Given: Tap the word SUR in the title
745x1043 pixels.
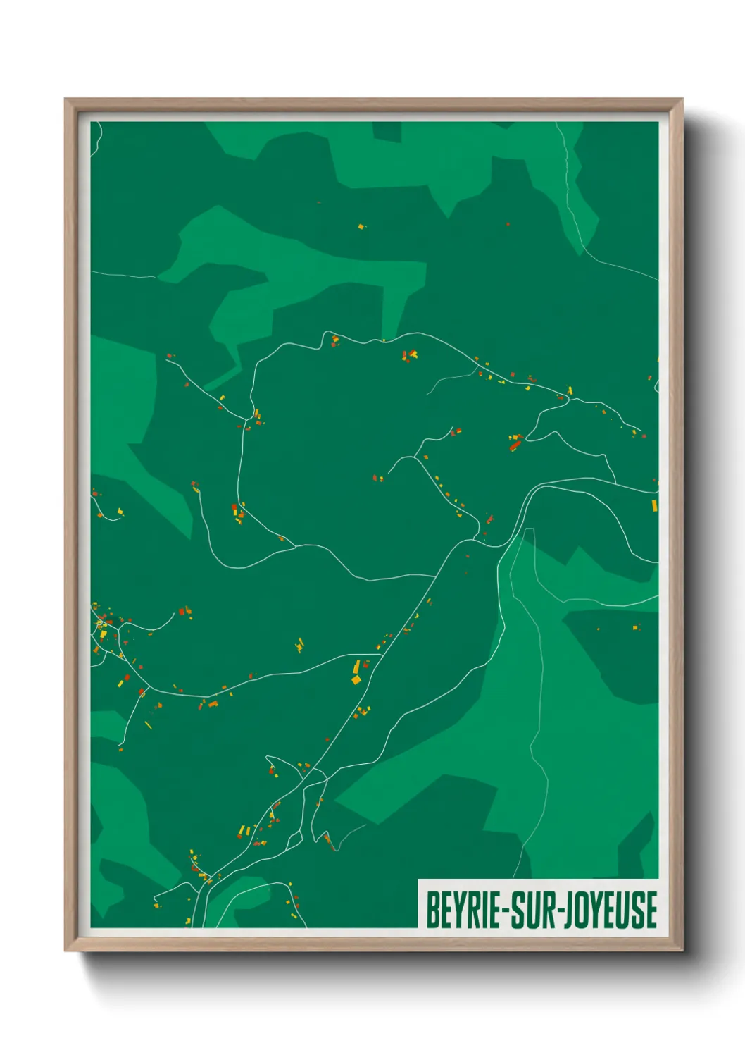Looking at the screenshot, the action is click(530, 910).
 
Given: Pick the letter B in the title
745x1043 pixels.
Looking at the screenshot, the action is click(432, 910).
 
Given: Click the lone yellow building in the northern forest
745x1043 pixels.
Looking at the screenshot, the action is click(361, 226).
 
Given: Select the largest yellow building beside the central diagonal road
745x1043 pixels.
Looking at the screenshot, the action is click(356, 679).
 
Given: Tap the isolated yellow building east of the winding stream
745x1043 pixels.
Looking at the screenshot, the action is click(635, 627).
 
